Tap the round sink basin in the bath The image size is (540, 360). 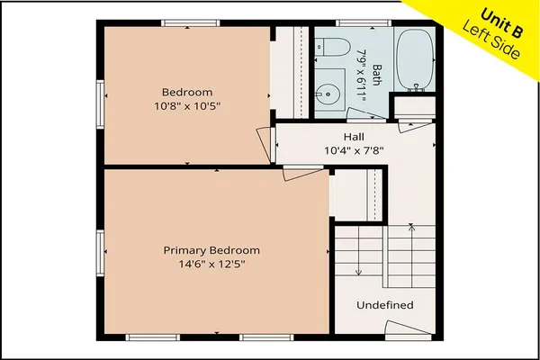[326, 91]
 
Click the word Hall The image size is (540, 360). [353, 137]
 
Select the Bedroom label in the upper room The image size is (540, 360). [187, 92]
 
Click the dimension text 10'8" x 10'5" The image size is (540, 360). [187, 105]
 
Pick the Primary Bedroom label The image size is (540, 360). [211, 250]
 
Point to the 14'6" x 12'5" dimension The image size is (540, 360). [211, 265]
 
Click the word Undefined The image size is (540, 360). [385, 305]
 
